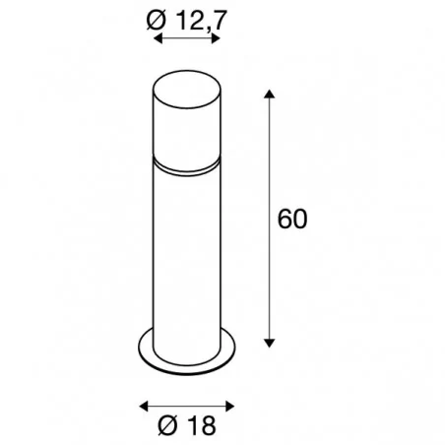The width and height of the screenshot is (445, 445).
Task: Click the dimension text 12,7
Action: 202,21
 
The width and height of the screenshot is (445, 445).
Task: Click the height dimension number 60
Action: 292,219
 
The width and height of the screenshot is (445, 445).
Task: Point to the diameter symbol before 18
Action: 169,425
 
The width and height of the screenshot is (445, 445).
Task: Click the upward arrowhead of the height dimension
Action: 269,94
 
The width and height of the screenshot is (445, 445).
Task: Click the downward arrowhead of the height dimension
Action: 269,343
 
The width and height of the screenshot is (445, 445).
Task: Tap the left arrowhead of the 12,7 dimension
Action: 158,38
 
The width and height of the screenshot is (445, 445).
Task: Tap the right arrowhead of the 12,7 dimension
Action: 216,38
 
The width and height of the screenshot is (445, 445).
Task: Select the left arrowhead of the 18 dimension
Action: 144,407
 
